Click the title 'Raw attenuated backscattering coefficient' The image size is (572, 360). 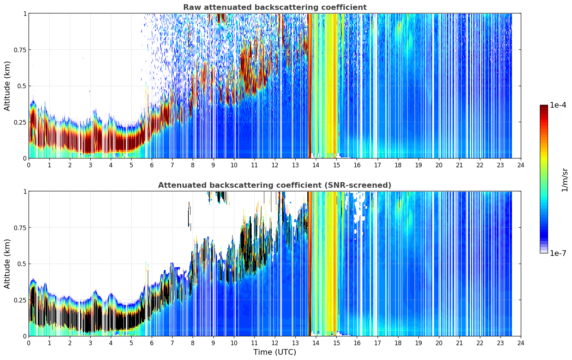275,7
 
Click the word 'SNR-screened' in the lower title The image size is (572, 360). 357,185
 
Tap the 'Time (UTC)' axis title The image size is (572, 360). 275,352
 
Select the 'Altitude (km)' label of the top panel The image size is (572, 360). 7,86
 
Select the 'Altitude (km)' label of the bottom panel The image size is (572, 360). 7,264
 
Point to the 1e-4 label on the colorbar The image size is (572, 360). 558,105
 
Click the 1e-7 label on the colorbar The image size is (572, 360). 558,253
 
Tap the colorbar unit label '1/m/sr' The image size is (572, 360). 565,180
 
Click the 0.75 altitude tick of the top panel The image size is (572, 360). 20,50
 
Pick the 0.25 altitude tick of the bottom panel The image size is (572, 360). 20,300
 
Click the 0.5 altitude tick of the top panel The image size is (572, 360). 22,86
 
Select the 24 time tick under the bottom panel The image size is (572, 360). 521,343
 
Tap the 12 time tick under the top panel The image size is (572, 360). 275,165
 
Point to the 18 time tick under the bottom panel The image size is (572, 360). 398,343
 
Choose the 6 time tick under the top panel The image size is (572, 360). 152,165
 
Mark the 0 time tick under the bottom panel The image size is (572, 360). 29,343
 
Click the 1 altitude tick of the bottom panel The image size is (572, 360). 25,192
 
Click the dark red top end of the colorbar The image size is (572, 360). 544,106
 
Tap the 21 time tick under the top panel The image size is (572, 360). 459,165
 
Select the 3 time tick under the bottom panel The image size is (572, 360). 90,343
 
